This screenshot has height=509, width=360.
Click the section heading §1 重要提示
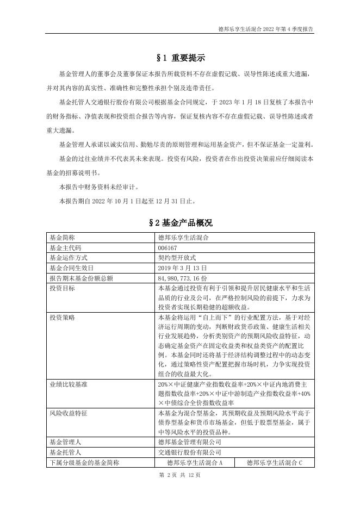[x=179, y=58]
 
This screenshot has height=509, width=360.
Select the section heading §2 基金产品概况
[x=179, y=223]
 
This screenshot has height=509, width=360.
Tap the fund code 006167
[x=166, y=248]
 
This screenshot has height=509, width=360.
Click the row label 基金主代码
[x=65, y=248]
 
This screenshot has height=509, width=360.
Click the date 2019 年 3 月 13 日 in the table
[x=182, y=268]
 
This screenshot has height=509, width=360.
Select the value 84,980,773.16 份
[x=187, y=278]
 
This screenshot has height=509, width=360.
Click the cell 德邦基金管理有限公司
[x=189, y=442]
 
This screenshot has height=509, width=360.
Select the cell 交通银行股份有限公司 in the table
[x=189, y=452]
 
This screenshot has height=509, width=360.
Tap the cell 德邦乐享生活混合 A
[x=194, y=463]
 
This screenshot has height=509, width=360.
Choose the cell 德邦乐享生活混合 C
[x=274, y=463]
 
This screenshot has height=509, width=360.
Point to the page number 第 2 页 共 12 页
[x=180, y=475]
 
